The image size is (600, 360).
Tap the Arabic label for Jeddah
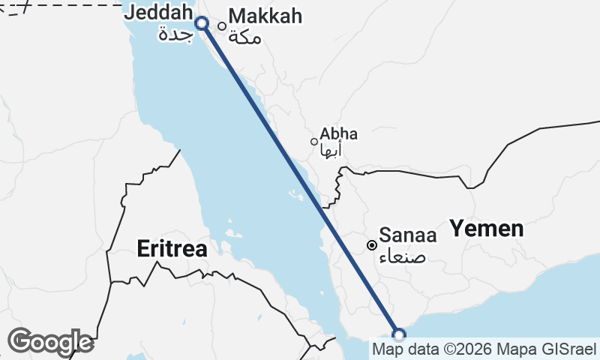tap(175, 34)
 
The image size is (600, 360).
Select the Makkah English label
tap(265, 16)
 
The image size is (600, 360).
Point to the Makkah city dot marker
tap(222, 26)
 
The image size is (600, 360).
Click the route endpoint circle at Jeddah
tap(202, 23)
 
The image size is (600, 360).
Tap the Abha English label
tap(338, 134)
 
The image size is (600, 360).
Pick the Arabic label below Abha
tap(331, 151)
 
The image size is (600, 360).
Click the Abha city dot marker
tap(314, 142)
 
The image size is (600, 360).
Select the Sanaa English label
tap(407, 235)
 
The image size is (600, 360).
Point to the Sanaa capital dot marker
tap(371, 245)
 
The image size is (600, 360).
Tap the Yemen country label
tap(486, 229)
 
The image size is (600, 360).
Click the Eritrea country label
tap(172, 249)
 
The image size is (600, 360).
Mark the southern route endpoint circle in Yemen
tap(399, 334)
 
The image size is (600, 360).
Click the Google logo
tap(50, 342)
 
